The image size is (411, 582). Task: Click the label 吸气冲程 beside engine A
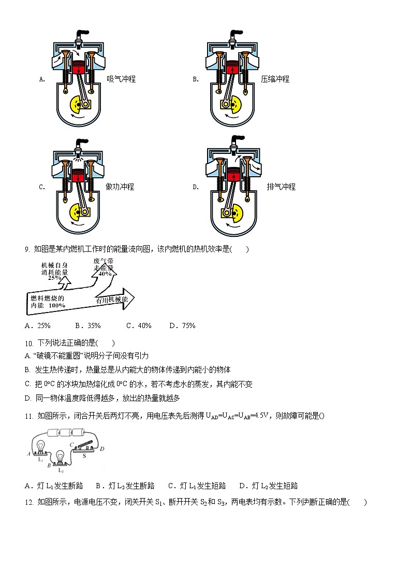pos(121,79)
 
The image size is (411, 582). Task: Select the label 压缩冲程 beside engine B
pos(275,79)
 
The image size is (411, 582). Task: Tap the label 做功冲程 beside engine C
pos(120,187)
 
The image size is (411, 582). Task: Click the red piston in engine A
pos(78,68)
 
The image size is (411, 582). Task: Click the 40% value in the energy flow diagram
pos(105,274)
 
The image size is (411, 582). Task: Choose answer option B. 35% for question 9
pos(88,325)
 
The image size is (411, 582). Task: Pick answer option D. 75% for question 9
pos(182,325)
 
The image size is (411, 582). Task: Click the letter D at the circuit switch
pos(101,448)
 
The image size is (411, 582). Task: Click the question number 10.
pos(28,343)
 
